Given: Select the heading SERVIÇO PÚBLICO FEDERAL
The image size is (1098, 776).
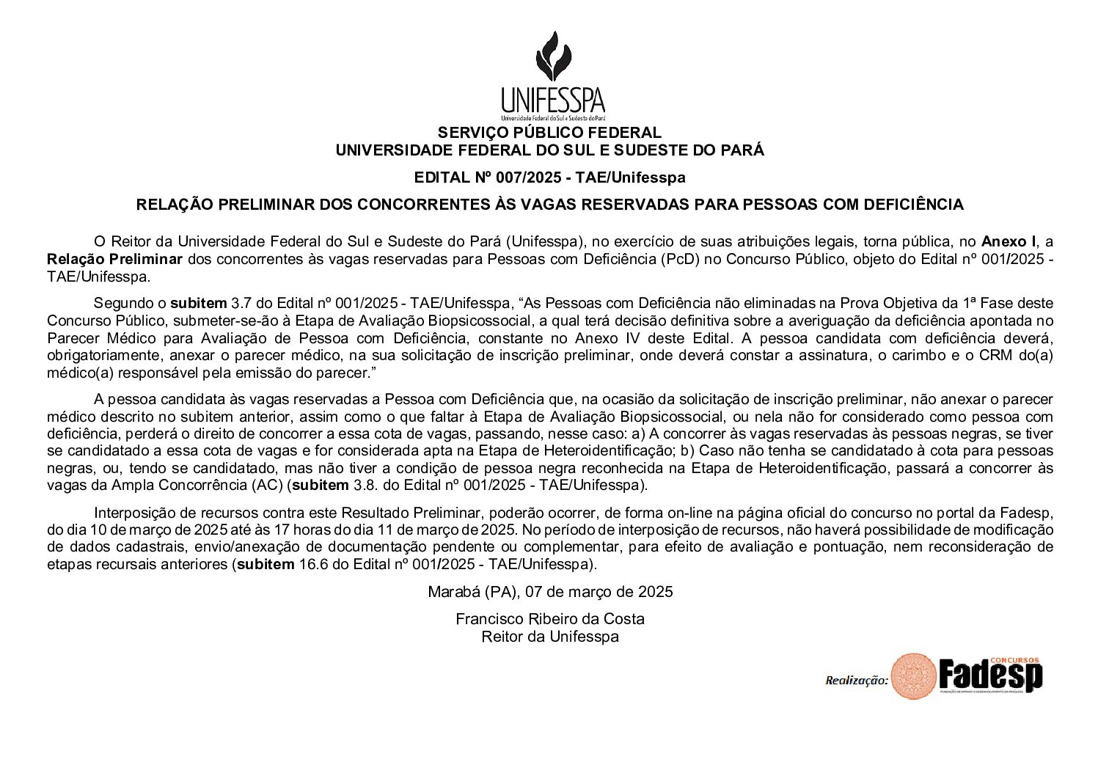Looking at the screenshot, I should [549, 133].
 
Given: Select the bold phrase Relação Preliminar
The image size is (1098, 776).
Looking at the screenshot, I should [114, 259].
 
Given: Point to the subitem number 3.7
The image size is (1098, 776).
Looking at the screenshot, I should [241, 303].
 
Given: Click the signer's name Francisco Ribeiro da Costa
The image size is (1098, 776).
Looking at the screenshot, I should [549, 618].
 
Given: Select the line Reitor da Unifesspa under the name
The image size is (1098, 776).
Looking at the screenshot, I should [549, 636].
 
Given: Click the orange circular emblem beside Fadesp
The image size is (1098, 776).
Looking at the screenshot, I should [913, 676].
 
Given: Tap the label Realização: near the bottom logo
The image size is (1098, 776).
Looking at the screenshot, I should [856, 680].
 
